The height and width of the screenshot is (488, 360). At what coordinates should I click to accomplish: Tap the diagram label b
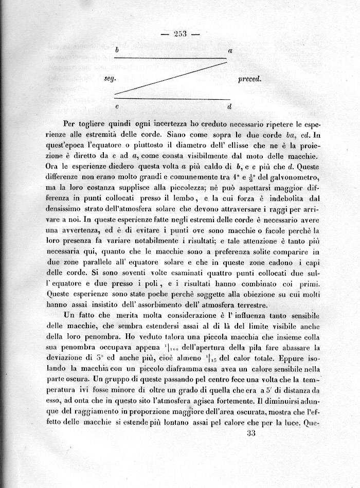[x=117, y=50]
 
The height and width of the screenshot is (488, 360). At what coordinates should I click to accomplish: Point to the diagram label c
[x=117, y=106]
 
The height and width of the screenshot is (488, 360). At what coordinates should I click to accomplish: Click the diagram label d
[x=229, y=106]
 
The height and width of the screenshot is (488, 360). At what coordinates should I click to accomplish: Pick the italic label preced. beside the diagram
[x=250, y=79]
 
